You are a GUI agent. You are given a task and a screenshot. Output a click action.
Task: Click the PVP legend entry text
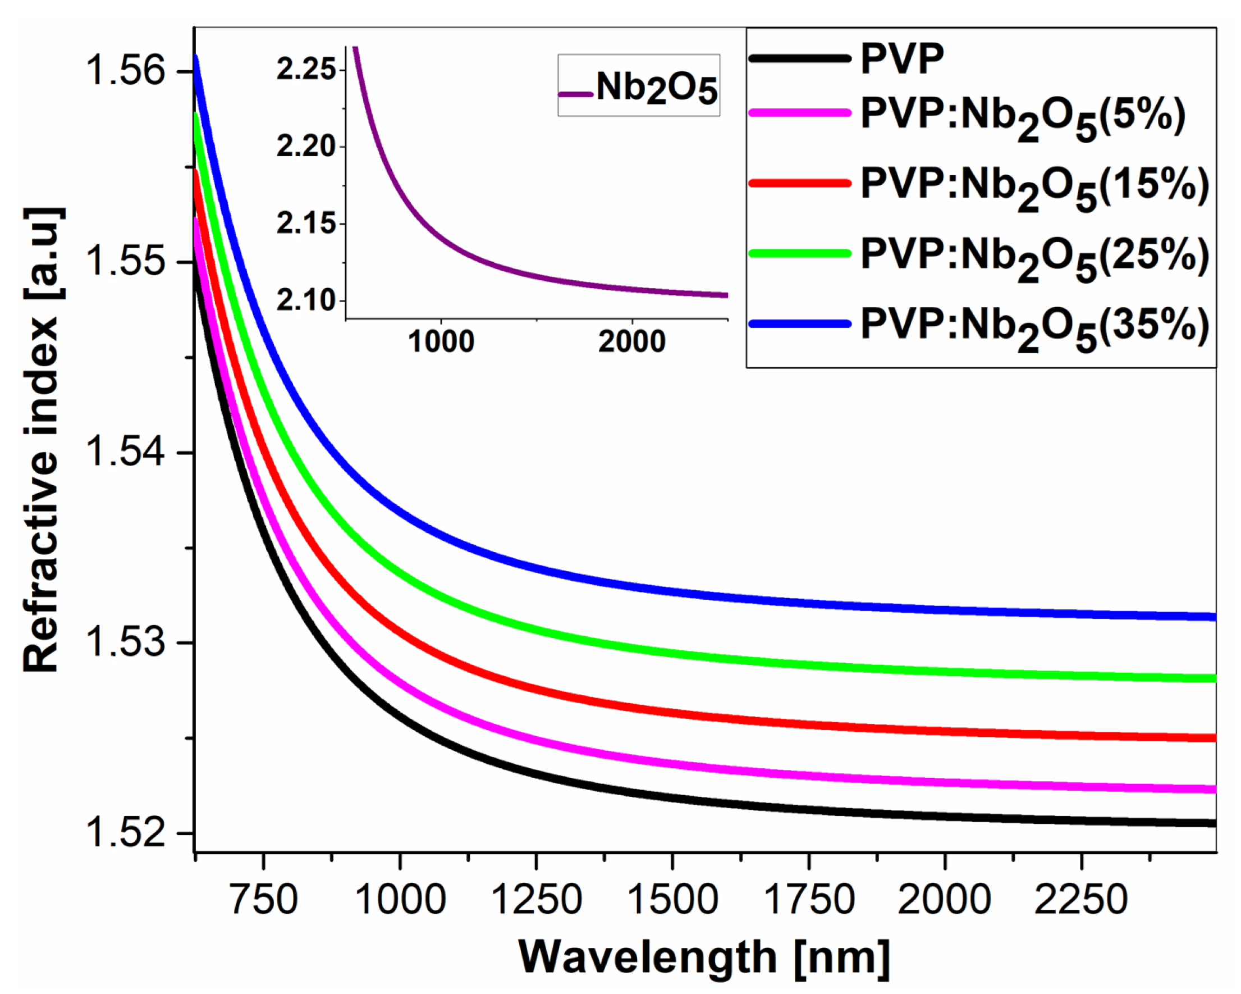click(x=902, y=59)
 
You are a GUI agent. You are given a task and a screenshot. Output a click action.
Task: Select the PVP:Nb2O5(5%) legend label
click(x=1023, y=118)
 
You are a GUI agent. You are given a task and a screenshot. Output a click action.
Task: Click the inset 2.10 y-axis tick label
click(x=306, y=300)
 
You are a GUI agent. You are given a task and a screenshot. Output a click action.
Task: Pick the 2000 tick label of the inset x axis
click(x=631, y=342)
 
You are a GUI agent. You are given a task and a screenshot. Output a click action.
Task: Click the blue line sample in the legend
click(x=800, y=324)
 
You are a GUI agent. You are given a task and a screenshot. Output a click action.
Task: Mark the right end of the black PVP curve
click(x=1213, y=823)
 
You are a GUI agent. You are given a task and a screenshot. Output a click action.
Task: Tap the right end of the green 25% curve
click(x=1213, y=678)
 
